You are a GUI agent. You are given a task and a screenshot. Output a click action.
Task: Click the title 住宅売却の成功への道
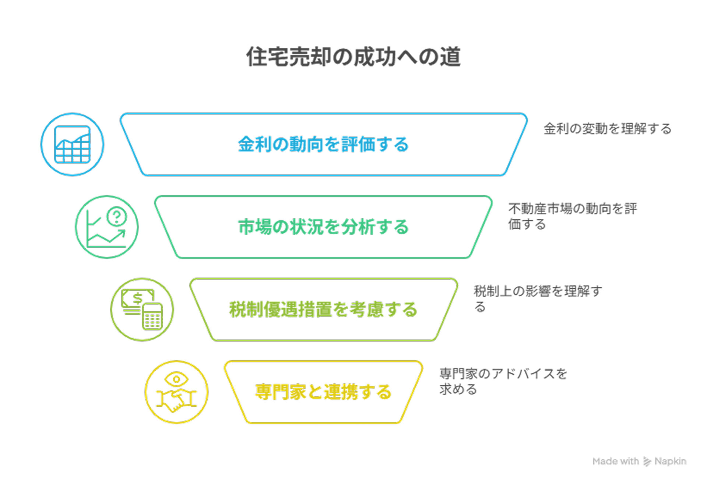click(x=353, y=57)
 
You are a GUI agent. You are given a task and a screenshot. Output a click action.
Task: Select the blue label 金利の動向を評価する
click(x=323, y=144)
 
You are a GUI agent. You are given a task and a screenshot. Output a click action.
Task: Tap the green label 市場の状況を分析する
click(x=323, y=227)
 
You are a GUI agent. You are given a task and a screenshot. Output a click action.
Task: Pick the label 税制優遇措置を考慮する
click(x=323, y=309)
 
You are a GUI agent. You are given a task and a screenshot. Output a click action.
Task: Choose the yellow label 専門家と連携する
click(x=323, y=392)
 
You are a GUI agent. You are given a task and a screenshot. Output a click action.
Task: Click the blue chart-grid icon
click(x=72, y=144)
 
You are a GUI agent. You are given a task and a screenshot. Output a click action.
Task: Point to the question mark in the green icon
click(x=117, y=217)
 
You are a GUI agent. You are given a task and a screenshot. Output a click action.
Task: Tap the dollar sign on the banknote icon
click(x=138, y=298)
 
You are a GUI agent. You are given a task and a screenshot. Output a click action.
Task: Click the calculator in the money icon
click(x=152, y=317)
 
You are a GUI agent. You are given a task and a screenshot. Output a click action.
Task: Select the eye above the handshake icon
click(x=176, y=379)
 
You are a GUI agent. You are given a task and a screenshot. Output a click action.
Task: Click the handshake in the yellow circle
click(x=176, y=401)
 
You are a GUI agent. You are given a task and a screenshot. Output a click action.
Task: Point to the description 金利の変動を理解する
click(x=608, y=129)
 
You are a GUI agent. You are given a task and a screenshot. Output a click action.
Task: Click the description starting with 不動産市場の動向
click(x=573, y=216)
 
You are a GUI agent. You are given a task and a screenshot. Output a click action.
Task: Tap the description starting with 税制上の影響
click(x=538, y=299)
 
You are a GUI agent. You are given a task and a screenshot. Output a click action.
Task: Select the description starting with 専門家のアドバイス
click(x=503, y=381)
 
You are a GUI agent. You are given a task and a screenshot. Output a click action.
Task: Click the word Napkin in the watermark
click(x=670, y=461)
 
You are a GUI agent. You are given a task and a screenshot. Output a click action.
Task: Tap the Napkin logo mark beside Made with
click(x=647, y=461)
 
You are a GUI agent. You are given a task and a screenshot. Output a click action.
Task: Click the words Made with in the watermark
click(x=616, y=461)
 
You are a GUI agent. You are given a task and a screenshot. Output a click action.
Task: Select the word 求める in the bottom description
click(x=458, y=389)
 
